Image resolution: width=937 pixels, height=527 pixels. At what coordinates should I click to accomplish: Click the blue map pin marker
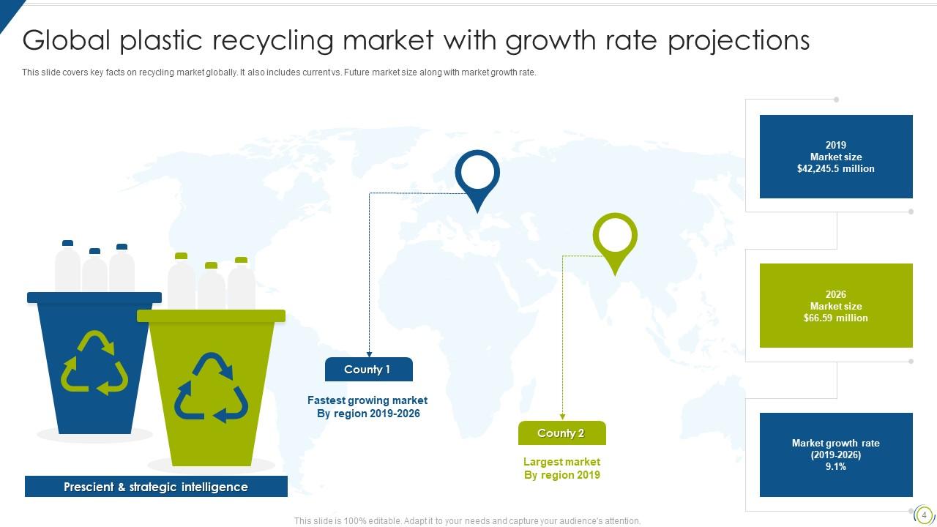click(x=477, y=176)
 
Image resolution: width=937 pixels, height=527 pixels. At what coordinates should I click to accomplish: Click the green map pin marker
click(x=615, y=238)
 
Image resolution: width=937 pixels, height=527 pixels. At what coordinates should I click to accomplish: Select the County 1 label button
click(x=368, y=370)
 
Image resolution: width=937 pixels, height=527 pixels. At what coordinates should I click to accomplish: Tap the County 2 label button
click(x=561, y=433)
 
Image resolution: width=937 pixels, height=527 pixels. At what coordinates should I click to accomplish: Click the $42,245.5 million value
click(x=835, y=169)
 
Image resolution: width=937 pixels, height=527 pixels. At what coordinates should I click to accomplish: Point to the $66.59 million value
click(x=835, y=318)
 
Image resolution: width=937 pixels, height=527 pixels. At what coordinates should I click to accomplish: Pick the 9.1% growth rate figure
click(x=835, y=467)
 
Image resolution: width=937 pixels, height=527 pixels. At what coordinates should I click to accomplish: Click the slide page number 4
click(x=924, y=515)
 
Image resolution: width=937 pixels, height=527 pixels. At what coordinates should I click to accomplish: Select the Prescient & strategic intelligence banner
click(x=156, y=487)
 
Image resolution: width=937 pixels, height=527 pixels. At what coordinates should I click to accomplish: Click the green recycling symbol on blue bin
click(x=94, y=363)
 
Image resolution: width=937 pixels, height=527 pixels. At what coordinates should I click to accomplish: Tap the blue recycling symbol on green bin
click(x=211, y=388)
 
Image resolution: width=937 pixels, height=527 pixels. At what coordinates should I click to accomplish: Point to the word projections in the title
click(x=739, y=41)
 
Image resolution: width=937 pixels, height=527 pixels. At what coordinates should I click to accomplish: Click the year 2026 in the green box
click(x=835, y=295)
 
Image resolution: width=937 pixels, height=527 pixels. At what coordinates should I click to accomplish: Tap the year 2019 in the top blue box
click(x=835, y=145)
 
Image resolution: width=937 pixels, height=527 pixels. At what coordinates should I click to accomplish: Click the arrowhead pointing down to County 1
click(x=369, y=354)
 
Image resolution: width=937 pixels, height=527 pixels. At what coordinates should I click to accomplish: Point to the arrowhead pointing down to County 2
click(x=562, y=417)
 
